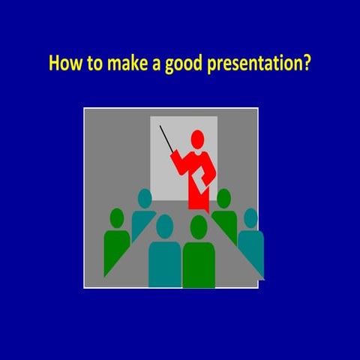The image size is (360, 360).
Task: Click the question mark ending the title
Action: tap(306, 63)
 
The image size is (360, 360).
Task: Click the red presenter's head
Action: tap(197, 139)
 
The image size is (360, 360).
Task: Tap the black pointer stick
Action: tap(166, 139)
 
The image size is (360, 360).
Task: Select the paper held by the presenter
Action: tap(201, 181)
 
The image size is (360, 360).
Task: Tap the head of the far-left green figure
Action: tap(116, 217)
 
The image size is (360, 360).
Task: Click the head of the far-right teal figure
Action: tap(250, 218)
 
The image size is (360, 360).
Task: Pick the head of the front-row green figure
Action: tap(199, 226)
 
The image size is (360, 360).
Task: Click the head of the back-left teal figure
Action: tap(145, 198)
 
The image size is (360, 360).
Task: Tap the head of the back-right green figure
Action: tap(223, 198)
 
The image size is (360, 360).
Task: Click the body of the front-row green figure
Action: tap(199, 262)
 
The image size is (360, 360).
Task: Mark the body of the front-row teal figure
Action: tap(164, 262)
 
